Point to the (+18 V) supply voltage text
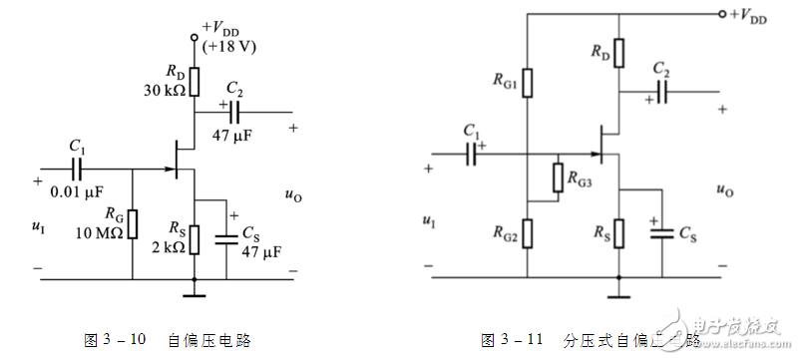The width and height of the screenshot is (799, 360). point(227,47)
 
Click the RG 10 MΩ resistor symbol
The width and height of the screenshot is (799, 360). point(132,224)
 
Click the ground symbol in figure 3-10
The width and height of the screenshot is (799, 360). point(194,293)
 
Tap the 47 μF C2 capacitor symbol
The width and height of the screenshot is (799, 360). point(235,110)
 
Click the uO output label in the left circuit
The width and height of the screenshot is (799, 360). point(292,196)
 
